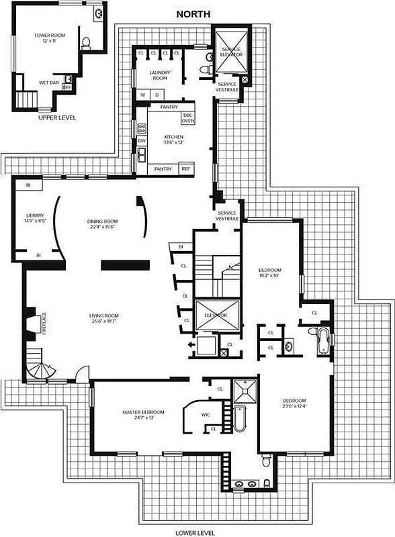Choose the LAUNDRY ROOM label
(x=159, y=75)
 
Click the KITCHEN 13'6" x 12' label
(x=173, y=140)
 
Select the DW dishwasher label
(x=142, y=141)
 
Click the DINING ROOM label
(x=102, y=224)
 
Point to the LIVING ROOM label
(x=104, y=318)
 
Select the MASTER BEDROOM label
(x=143, y=415)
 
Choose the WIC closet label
(x=206, y=414)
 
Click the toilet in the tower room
(x=85, y=44)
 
